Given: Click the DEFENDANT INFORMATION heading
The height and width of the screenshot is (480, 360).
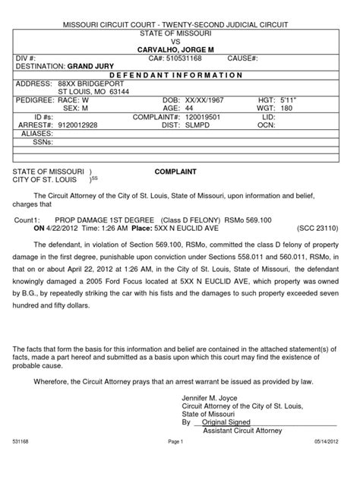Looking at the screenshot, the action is coord(179,75).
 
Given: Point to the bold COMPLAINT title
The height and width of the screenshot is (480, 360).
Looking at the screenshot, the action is coord(175,172).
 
